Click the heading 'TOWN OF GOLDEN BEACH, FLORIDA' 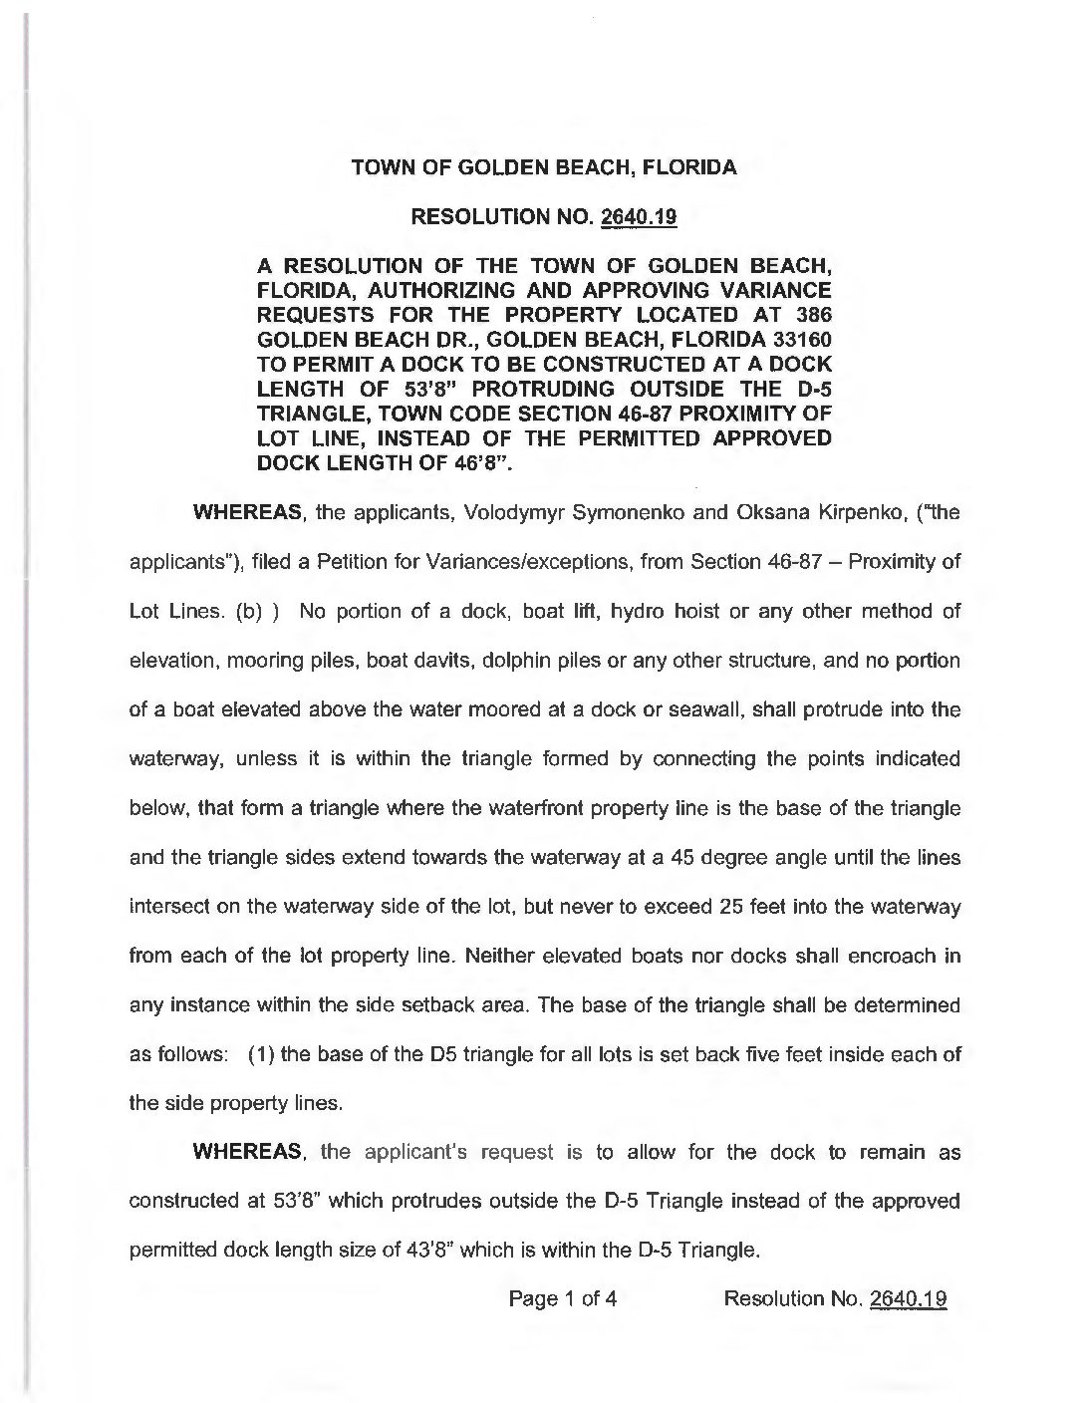click(x=544, y=167)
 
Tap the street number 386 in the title click(x=811, y=312)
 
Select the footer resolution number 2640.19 click(x=907, y=1298)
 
